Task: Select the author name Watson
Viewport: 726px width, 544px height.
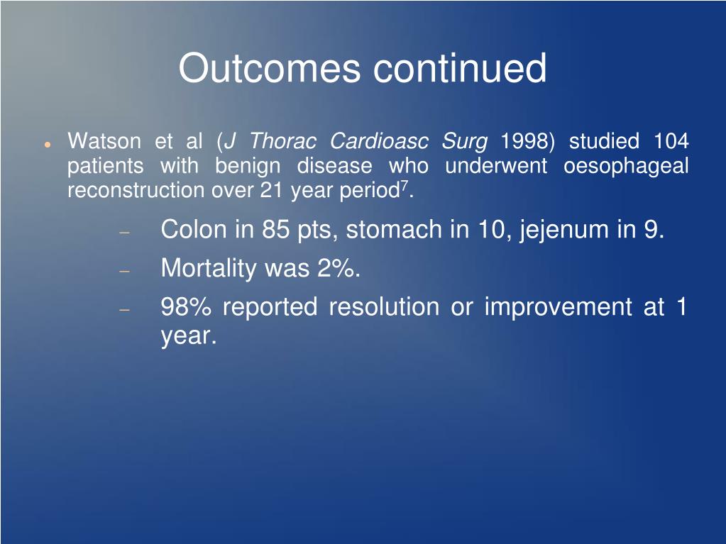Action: click(x=104, y=141)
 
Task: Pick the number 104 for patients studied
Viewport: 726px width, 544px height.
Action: click(x=671, y=141)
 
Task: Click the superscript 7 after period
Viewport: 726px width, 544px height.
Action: click(x=405, y=186)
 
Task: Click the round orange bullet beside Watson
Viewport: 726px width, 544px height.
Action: click(x=47, y=143)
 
